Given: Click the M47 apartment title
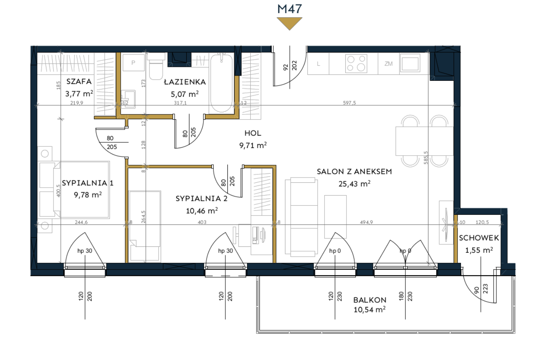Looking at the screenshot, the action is tap(289, 9).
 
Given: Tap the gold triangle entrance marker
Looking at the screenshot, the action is tap(289, 23).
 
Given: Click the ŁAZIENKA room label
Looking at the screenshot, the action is tap(185, 82).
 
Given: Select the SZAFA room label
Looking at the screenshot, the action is tap(79, 82).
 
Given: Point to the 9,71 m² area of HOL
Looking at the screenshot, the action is tap(253, 145).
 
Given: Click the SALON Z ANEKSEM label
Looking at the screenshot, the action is tap(354, 172).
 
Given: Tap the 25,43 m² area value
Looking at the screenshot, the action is tap(355, 184).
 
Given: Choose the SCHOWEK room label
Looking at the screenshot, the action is tap(479, 238).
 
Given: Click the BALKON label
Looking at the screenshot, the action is tap(370, 300).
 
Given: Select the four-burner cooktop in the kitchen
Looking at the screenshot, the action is tap(356, 64).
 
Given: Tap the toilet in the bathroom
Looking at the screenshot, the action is tap(156, 66).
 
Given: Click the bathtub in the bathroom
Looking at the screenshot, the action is tap(221, 83).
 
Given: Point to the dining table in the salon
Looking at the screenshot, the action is tap(424, 141).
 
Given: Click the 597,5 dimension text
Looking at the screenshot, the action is tap(349, 103).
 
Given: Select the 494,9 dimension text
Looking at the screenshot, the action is tap(366, 222).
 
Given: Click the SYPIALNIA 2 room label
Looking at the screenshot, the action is tap(201, 198).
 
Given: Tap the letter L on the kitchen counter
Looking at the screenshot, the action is tap(319, 64).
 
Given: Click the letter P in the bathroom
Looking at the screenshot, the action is tap(133, 63).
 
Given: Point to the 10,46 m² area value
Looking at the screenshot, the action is tap(202, 211).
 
